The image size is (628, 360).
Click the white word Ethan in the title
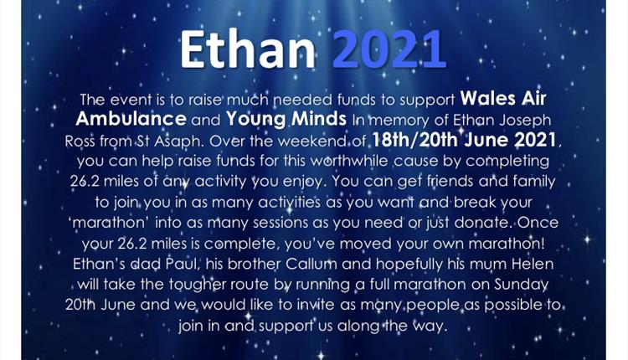tap(248, 49)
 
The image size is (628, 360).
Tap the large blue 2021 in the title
tap(389, 49)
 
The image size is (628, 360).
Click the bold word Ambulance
tap(131, 119)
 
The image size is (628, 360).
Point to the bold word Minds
tap(319, 119)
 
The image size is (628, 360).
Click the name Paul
tap(179, 264)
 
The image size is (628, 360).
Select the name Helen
tap(535, 264)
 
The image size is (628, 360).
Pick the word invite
tap(315, 305)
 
